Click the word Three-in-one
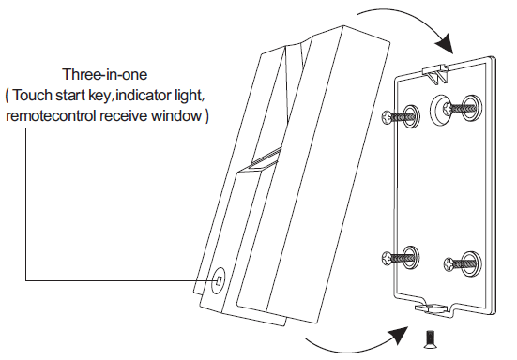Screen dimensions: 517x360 105,74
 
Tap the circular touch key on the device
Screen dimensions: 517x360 219,280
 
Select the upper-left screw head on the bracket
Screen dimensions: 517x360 387,117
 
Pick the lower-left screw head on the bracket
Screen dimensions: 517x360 387,257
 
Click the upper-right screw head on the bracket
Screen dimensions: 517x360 449,108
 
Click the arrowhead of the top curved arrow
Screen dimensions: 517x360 445,43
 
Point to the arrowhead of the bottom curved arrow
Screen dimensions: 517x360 399,336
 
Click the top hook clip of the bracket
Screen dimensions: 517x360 436,73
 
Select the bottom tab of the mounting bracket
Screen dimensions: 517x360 433,307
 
